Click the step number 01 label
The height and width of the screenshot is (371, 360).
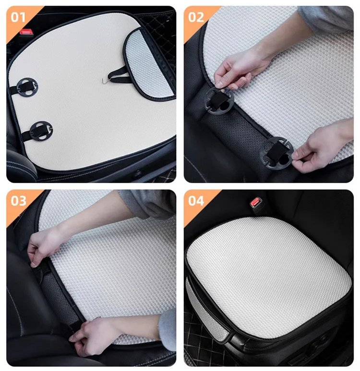[x=18, y=17]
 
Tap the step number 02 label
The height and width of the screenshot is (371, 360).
[x=196, y=17]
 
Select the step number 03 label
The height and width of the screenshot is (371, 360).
[x=18, y=201]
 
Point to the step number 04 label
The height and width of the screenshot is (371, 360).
[x=196, y=201]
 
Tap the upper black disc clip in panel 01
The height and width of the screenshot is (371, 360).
[x=27, y=87]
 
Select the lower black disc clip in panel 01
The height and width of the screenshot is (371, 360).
[x=41, y=130]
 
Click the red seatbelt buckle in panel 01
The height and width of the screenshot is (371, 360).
[x=24, y=31]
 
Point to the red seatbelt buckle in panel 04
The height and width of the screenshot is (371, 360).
[x=255, y=202]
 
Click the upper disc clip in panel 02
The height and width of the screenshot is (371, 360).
[x=219, y=100]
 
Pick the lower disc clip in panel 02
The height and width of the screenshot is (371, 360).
[x=276, y=153]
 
